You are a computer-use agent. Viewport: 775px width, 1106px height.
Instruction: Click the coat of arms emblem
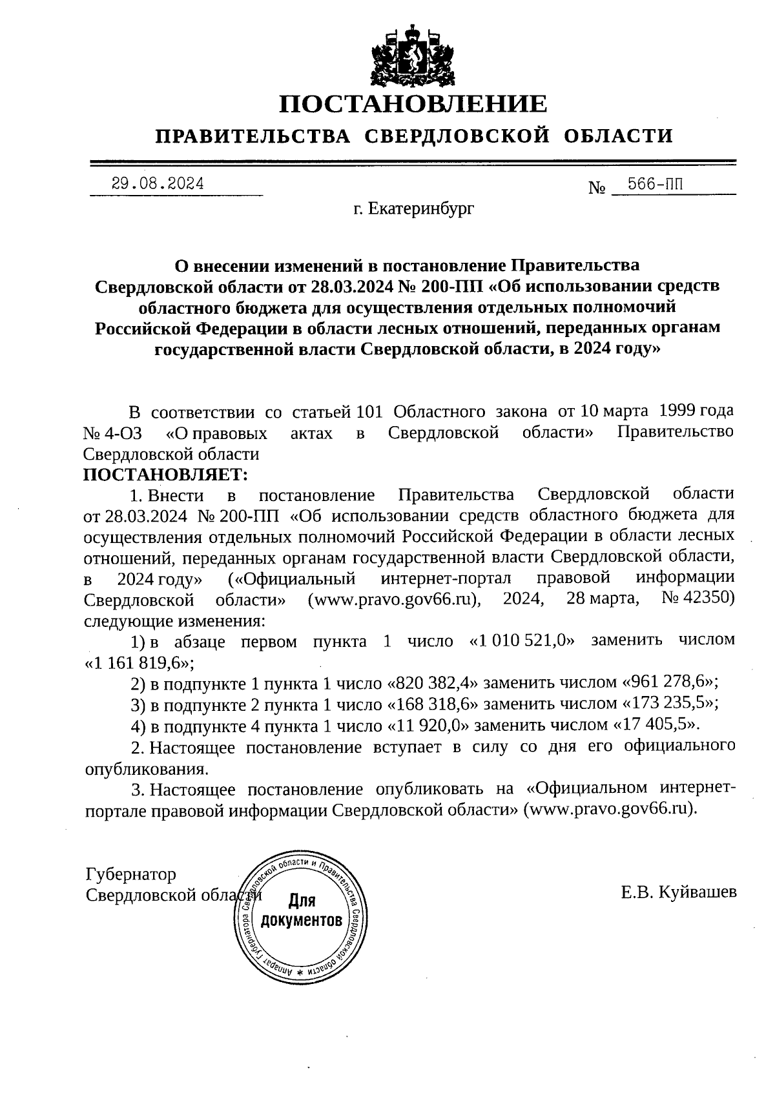[413, 56]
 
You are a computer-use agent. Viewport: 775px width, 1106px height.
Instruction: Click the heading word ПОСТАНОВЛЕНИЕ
[413, 104]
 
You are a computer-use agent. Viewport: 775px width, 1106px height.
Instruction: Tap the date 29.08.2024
[158, 183]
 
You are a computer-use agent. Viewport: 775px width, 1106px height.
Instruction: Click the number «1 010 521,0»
[521, 640]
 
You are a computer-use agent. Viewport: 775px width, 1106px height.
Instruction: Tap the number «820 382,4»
[433, 683]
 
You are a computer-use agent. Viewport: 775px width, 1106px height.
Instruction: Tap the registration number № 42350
[698, 599]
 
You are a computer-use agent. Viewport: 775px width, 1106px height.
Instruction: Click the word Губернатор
[130, 875]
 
